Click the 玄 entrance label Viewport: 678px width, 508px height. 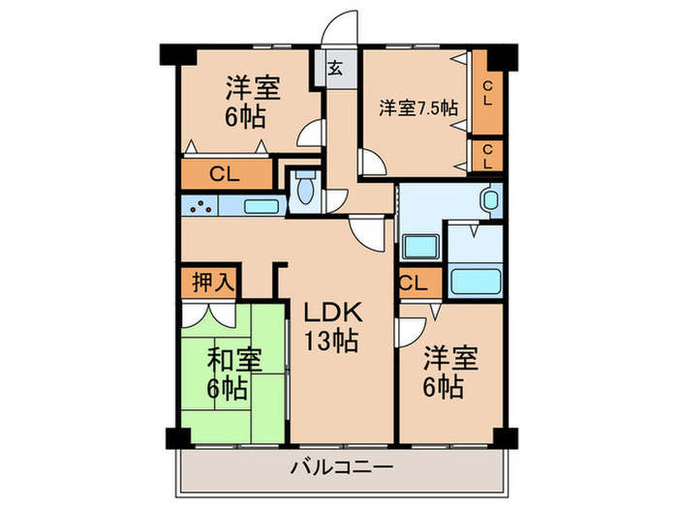pos(333,68)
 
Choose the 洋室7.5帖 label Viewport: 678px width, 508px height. pos(417,107)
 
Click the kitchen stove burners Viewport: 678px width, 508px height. pos(200,206)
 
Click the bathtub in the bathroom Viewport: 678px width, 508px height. pos(475,281)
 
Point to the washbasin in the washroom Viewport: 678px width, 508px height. pos(489,202)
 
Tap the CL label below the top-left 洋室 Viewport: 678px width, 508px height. pos(225,175)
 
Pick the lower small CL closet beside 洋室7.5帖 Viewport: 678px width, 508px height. pos(487,155)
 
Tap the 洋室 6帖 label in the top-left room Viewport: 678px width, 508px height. pos(254,102)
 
